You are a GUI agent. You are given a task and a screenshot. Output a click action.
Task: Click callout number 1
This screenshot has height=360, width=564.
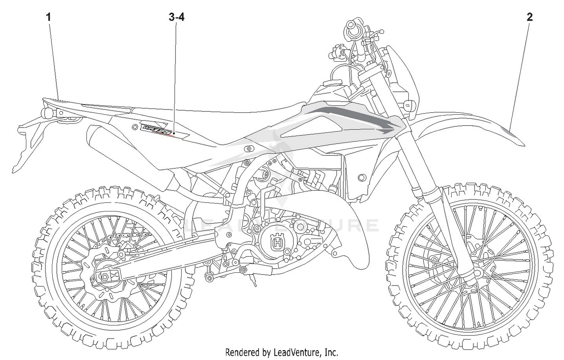pos(48,17)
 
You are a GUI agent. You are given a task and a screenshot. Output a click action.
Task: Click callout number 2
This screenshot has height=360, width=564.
pos(529,17)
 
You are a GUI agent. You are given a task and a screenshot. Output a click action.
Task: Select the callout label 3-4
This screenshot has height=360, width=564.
pos(176,17)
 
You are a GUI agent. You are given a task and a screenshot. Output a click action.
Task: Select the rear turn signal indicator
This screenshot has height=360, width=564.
pos(48,112)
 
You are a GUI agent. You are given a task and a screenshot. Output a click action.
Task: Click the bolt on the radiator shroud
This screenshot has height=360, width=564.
pos(362,177)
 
